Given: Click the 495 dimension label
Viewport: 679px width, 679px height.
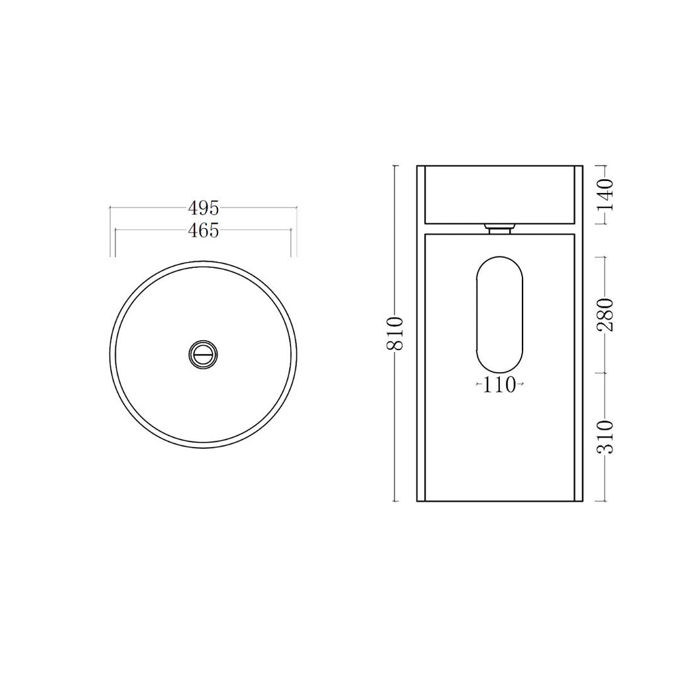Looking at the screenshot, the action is coord(204,208).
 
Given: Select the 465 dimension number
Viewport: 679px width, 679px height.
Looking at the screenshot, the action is coord(204,230).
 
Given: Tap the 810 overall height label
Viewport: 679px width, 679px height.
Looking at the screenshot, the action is coord(395,334).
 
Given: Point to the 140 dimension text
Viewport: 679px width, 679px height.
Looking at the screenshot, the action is coord(606,194).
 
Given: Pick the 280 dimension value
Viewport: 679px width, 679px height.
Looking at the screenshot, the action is coord(606,315).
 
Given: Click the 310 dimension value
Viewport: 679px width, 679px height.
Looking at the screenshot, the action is coord(606,436).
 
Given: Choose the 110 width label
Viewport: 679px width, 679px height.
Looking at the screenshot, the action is coord(500,385).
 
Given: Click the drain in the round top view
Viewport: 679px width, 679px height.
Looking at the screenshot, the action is coord(203,355).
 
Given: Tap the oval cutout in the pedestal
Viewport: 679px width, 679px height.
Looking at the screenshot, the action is coord(500,314).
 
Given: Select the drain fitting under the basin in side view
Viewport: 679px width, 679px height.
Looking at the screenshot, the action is coord(500,228).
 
